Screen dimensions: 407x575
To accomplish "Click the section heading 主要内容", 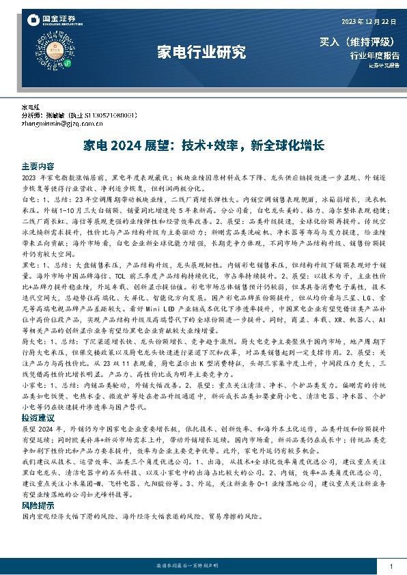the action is pos(38,166).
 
